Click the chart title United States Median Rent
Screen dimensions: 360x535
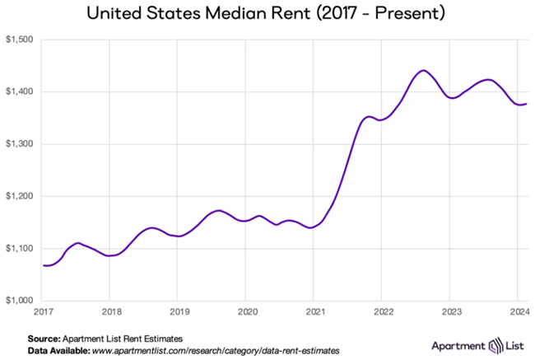(267, 14)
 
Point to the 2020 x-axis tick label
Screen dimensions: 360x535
(246, 313)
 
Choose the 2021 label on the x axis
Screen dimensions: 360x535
(314, 313)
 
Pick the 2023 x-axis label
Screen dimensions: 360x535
(449, 313)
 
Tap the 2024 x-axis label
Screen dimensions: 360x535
(517, 313)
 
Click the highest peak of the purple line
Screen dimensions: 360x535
(423, 71)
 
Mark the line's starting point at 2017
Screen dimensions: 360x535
(44, 265)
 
